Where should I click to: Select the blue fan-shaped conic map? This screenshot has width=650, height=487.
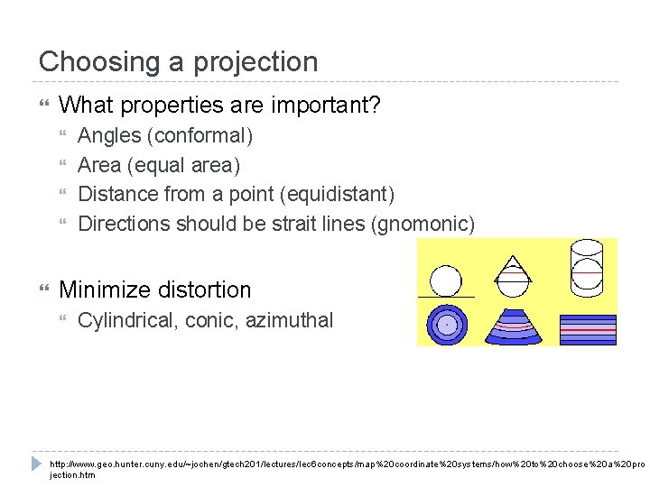(513, 326)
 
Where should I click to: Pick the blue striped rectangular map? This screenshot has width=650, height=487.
(588, 328)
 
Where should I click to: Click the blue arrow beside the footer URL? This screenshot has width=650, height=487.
(36, 463)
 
